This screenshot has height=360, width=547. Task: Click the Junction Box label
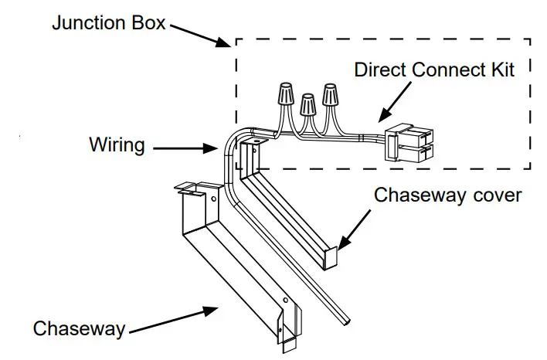click(x=108, y=23)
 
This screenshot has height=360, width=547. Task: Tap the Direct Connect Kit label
click(x=434, y=70)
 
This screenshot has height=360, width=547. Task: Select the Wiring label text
click(x=117, y=144)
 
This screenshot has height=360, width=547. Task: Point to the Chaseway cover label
click(x=447, y=195)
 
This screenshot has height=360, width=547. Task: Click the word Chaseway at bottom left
click(x=79, y=328)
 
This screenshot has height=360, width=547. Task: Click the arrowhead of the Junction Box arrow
click(x=223, y=42)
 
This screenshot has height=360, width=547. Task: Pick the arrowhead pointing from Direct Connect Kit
click(x=384, y=115)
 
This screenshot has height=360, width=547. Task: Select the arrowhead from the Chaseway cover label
click(x=343, y=243)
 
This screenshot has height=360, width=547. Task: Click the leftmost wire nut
click(x=286, y=93)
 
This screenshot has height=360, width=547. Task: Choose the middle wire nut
click(x=307, y=104)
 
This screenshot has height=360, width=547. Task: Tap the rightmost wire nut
click(x=330, y=94)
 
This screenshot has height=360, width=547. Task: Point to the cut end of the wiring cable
click(x=346, y=321)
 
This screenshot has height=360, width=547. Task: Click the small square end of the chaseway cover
click(x=331, y=259)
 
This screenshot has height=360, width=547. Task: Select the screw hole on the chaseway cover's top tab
click(x=256, y=142)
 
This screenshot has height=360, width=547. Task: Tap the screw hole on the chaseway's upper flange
click(x=213, y=199)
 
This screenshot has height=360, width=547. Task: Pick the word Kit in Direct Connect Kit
click(x=503, y=70)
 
